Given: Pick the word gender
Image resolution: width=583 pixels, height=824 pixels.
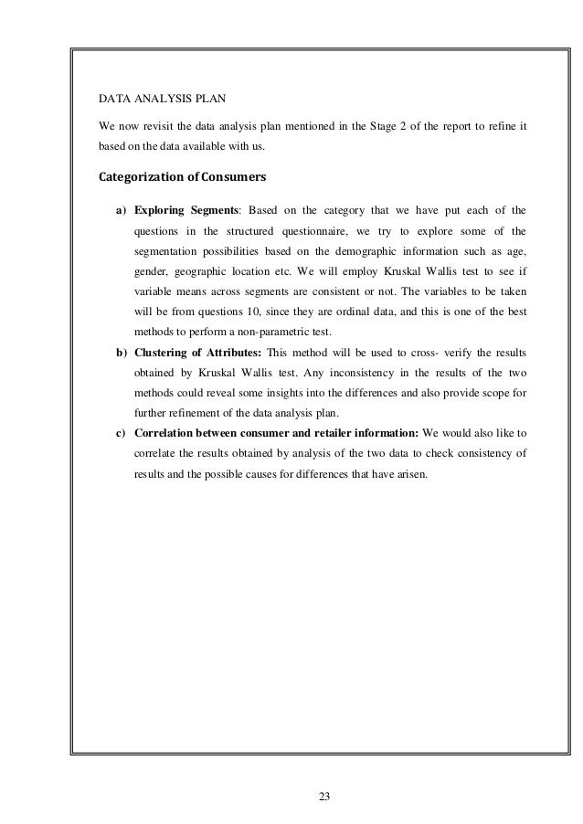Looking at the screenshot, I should coord(150,272).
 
